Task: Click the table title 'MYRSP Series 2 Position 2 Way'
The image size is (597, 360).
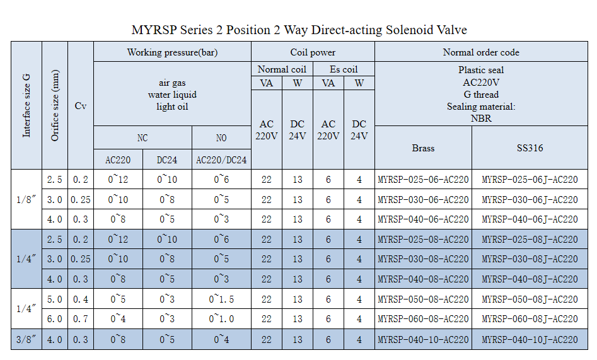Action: tap(299, 30)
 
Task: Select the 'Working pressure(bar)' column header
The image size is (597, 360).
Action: tap(172, 52)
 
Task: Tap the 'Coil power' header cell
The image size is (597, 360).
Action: tap(313, 52)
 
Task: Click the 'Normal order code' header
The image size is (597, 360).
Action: tap(481, 52)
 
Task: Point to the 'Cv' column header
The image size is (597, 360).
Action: tap(80, 106)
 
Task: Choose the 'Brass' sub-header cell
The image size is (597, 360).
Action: tap(423, 148)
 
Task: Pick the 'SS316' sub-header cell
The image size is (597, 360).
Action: tap(530, 148)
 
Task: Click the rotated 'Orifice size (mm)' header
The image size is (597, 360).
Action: tap(55, 106)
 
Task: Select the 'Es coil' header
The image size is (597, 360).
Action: tap(344, 69)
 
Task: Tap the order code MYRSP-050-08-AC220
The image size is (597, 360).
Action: tap(423, 299)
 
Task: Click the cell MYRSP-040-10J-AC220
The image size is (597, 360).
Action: tap(530, 340)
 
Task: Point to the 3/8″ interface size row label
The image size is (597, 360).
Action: tap(26, 340)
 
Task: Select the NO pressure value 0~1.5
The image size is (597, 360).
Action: tap(221, 299)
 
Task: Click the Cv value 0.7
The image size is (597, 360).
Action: tap(80, 320)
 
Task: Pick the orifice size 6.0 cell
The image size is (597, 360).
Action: tap(55, 320)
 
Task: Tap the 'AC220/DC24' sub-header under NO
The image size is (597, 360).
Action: tap(221, 160)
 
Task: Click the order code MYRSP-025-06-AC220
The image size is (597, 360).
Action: tap(423, 180)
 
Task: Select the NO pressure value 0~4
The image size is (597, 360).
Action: tap(221, 340)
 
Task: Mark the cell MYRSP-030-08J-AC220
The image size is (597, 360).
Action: tap(530, 259)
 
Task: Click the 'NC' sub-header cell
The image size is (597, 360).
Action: tap(142, 138)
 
